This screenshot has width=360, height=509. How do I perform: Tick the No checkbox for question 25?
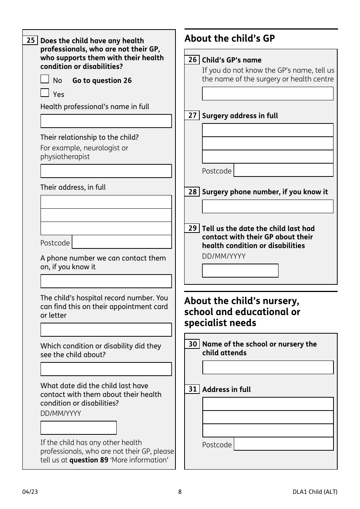(45, 79)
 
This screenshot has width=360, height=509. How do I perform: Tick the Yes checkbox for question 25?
(45, 93)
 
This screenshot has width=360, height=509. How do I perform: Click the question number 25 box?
(30, 41)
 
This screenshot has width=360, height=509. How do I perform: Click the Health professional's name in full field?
(106, 121)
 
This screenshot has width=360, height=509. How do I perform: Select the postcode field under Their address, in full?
(122, 242)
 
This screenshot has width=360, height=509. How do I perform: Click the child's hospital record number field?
(106, 330)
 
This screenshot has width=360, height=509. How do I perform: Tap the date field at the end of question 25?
(78, 428)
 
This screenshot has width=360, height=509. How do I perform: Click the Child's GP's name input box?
(268, 94)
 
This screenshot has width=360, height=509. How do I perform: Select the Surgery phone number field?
(268, 207)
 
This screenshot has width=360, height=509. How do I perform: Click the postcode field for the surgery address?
(283, 170)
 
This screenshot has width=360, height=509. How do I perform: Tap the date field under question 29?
(240, 271)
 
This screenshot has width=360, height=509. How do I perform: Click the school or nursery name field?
(268, 368)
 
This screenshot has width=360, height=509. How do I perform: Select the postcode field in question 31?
(283, 444)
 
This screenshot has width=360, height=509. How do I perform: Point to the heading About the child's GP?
(230, 39)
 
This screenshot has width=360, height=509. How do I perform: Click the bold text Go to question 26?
(102, 81)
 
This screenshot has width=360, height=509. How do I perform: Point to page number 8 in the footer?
(180, 492)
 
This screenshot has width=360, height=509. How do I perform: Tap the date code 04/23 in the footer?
(30, 492)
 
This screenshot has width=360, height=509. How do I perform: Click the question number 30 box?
(193, 344)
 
